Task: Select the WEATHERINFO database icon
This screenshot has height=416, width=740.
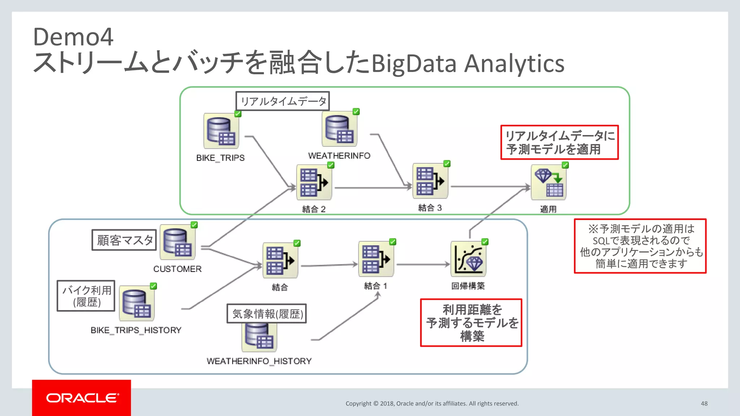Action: coord(339,129)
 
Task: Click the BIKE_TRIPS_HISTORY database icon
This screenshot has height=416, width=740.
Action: coord(137,303)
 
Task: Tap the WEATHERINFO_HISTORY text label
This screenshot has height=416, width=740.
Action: coord(259,361)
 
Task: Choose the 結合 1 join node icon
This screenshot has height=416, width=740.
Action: coord(376,259)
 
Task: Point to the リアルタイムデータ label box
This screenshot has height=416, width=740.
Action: coord(283,101)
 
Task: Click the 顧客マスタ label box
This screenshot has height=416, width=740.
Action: coord(124,240)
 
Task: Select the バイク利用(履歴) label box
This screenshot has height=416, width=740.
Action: coord(86,296)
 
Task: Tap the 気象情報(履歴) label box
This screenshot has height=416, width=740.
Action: coord(267,313)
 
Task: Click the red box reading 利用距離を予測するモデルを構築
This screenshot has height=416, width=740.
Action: coord(471,322)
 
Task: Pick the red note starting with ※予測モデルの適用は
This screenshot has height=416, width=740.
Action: coord(640,246)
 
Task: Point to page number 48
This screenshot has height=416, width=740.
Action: coord(704,403)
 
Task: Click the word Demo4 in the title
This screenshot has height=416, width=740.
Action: coord(73,37)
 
